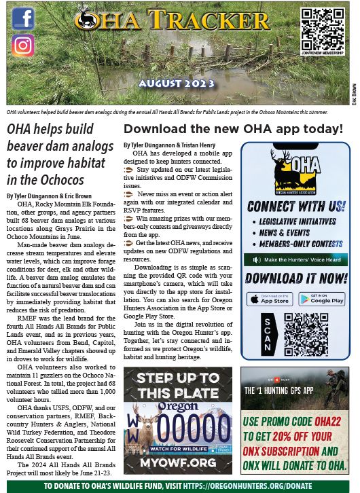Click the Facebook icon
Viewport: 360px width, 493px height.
point(23,18)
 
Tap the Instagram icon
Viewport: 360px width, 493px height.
point(23,45)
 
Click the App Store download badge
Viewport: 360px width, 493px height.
point(269,299)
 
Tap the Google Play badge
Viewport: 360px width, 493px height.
point(321,299)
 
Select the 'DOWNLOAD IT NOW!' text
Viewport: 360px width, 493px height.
point(295,278)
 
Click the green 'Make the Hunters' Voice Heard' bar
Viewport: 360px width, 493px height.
point(295,259)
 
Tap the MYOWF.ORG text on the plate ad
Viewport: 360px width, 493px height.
point(177,462)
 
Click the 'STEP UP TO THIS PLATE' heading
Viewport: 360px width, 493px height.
point(177,385)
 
